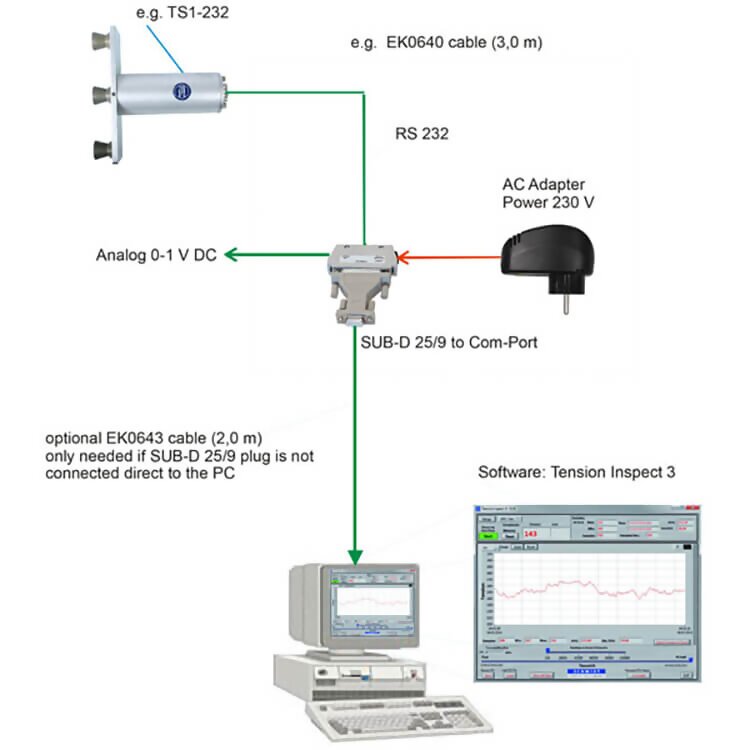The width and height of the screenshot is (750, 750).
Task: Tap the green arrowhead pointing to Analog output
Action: point(232,256)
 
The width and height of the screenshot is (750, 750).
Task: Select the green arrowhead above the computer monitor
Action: point(356,554)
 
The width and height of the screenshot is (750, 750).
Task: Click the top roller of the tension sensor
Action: point(100,42)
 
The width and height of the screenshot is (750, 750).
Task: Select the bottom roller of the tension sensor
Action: point(100,150)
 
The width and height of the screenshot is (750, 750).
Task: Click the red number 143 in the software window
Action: point(531,535)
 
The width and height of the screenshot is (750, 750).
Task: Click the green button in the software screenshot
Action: point(489,536)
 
